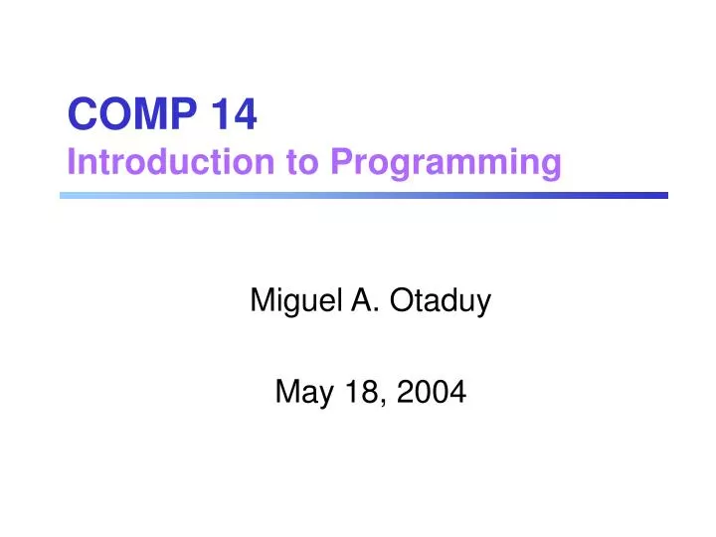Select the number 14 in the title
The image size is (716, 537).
[233, 117]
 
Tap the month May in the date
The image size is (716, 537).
[299, 396]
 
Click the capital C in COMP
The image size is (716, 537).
[81, 117]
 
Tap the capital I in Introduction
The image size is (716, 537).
[72, 161]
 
